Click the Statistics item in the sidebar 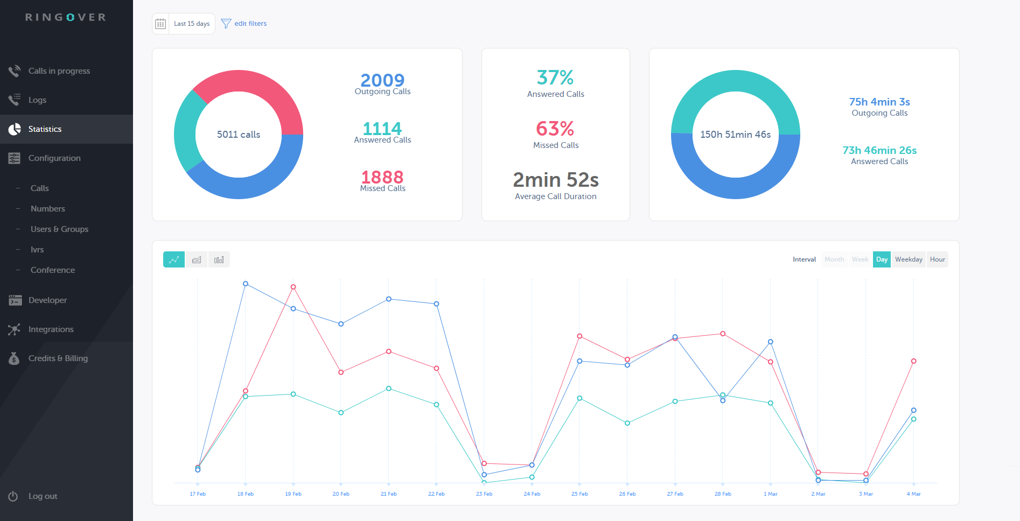[x=45, y=129]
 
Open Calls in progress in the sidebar [x=59, y=71]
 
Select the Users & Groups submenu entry [x=59, y=229]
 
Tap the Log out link [x=43, y=496]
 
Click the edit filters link [x=250, y=24]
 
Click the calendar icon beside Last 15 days [x=160, y=24]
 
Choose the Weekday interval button [x=909, y=259]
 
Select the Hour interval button [x=937, y=259]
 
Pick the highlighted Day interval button [x=882, y=259]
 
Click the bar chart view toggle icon [x=219, y=260]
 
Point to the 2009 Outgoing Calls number [x=382, y=80]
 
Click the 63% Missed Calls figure [x=555, y=129]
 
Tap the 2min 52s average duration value [x=556, y=180]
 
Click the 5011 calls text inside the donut [x=239, y=135]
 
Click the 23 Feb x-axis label [x=484, y=494]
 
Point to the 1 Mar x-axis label [x=770, y=494]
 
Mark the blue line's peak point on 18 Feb [x=246, y=284]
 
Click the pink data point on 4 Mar [x=913, y=361]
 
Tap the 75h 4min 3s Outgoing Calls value [x=879, y=102]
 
